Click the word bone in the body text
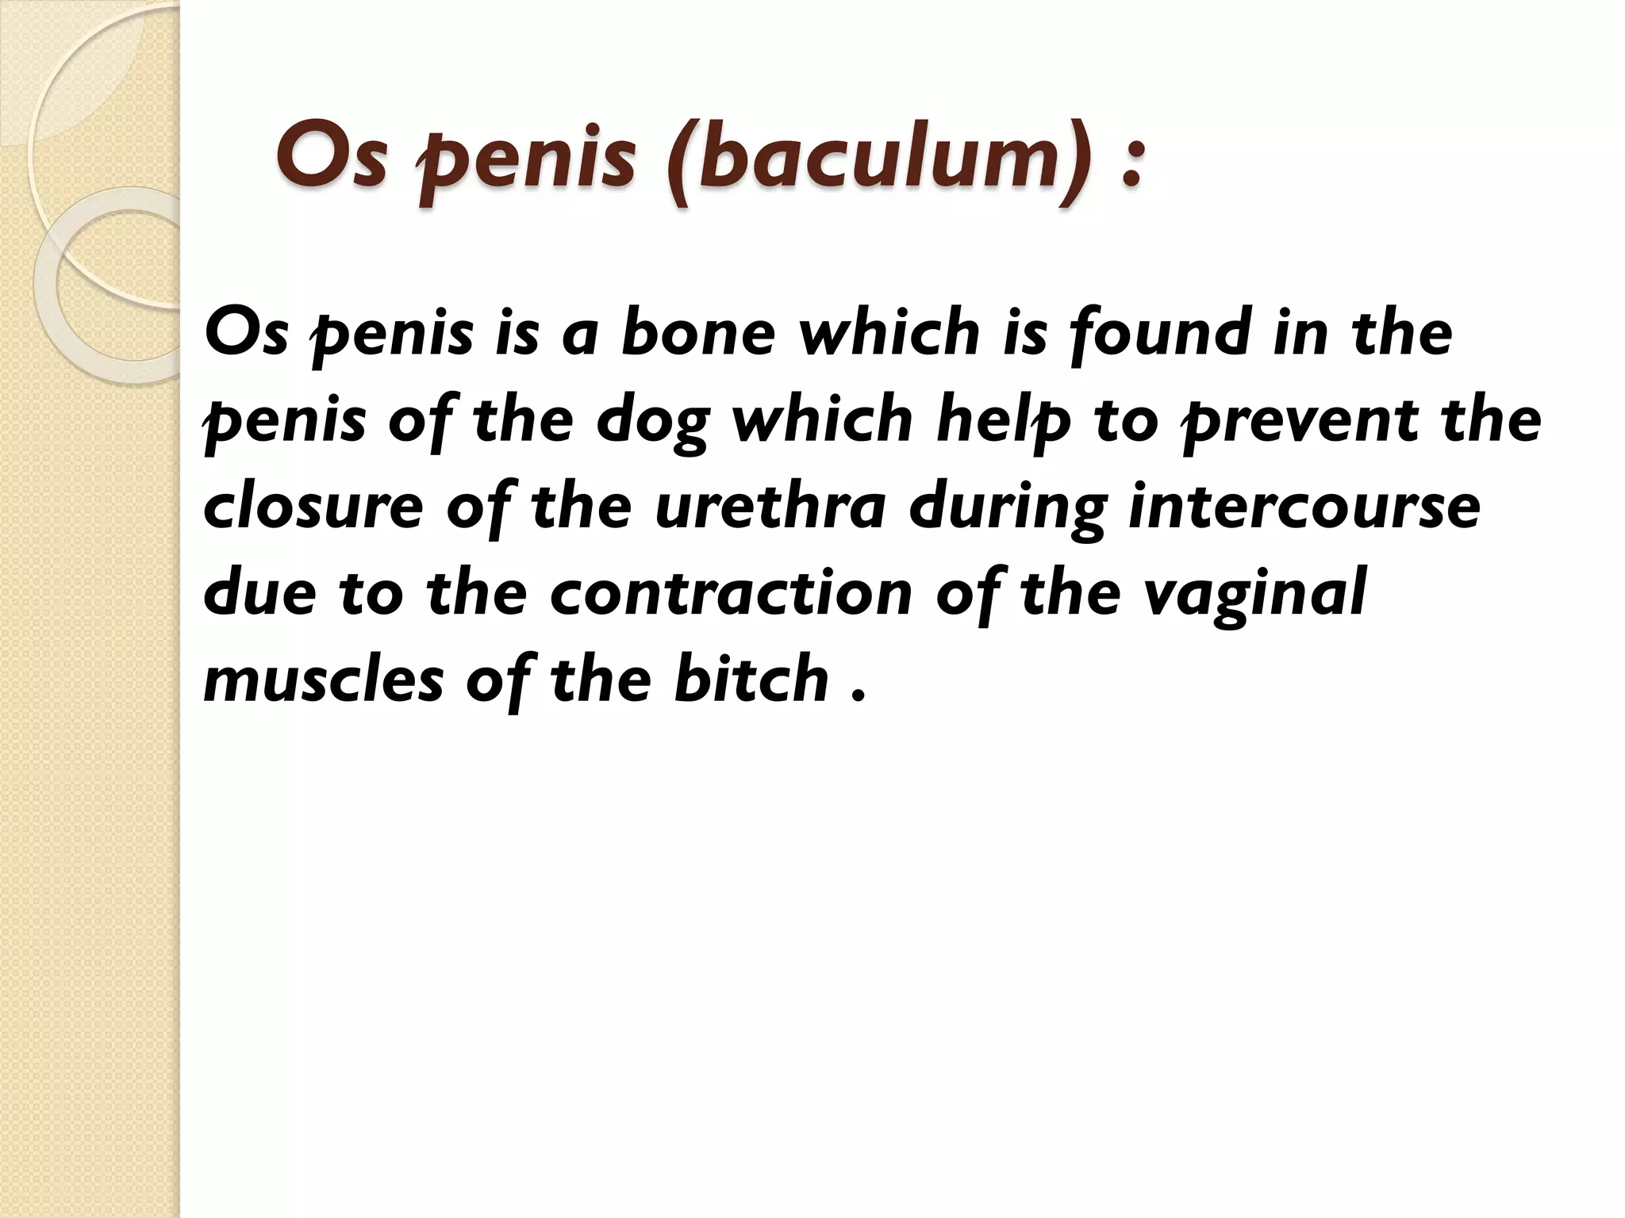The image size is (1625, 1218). tap(697, 334)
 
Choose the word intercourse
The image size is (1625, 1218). tap(1304, 507)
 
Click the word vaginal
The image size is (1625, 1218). tap(1262, 595)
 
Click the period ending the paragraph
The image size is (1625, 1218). tap(855, 698)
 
